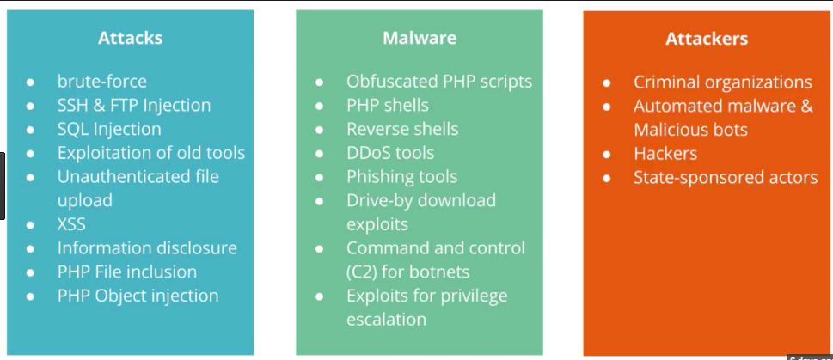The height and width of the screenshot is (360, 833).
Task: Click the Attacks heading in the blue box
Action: pos(130,38)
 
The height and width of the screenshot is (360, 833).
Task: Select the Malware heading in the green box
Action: pos(420,38)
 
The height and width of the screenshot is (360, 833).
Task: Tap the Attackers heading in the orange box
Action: pos(707,38)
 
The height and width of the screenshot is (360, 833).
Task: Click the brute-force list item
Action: pos(102,82)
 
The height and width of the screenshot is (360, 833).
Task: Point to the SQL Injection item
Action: pos(109,129)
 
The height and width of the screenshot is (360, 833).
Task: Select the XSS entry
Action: pos(71,224)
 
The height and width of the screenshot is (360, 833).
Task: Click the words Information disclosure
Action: pos(147,248)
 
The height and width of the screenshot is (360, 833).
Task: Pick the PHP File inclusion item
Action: pos(127,272)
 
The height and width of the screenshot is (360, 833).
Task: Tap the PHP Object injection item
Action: pos(138,296)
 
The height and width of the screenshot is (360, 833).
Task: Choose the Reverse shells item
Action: pos(402,129)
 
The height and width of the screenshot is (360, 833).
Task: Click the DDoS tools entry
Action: pos(390,153)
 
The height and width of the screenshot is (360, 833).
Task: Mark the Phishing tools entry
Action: pos(401,177)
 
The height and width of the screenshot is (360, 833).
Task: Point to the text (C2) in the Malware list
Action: pos(361,272)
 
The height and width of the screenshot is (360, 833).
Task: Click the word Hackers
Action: pos(665,154)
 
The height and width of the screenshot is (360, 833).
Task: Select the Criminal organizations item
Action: pos(722,82)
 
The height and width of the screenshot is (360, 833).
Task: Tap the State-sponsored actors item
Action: pos(726,177)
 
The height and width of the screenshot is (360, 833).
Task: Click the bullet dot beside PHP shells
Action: pos(319,106)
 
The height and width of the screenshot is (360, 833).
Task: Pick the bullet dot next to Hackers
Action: pos(607,154)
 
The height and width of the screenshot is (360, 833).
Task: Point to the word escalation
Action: pos(386,320)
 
